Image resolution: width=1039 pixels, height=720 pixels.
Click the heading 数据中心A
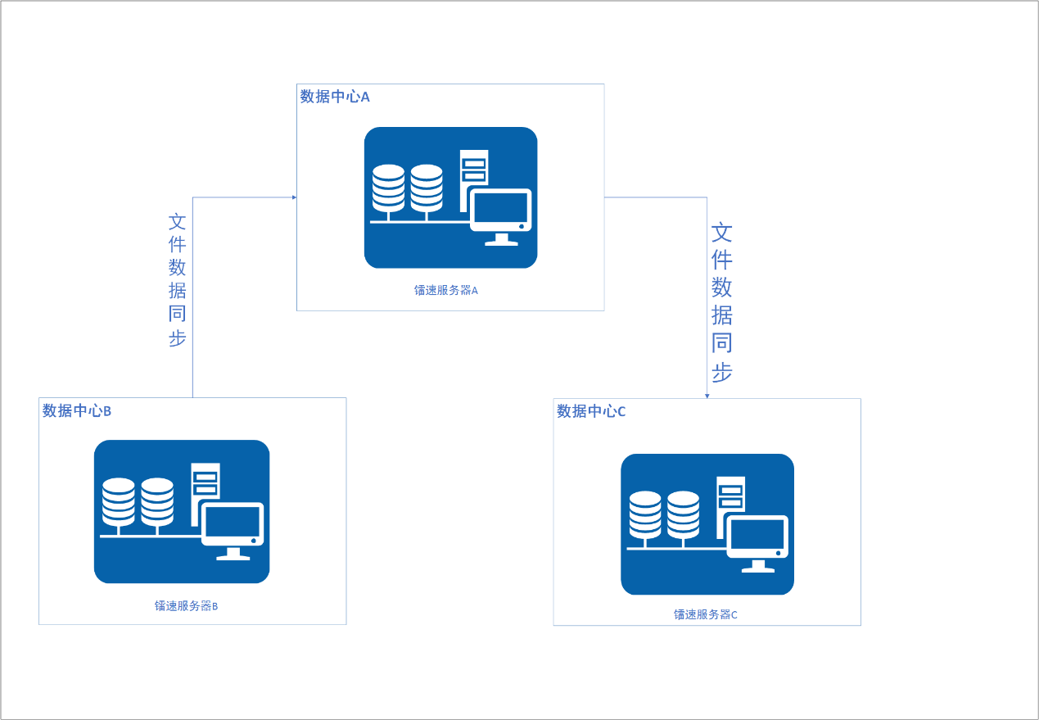pyautogui.click(x=335, y=97)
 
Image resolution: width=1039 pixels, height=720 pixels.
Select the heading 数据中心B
pyautogui.click(x=77, y=410)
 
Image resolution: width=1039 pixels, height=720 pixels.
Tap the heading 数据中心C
pyautogui.click(x=591, y=411)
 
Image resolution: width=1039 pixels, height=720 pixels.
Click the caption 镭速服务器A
pyautogui.click(x=445, y=290)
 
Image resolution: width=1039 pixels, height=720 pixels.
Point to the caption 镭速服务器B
pyautogui.click(x=186, y=606)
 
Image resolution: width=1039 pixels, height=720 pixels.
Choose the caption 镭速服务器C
pyautogui.click(x=705, y=614)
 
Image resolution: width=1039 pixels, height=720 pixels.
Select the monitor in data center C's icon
pyautogui.click(x=758, y=541)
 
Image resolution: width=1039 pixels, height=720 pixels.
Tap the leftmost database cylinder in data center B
pyautogui.click(x=119, y=502)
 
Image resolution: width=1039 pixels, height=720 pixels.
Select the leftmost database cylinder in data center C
pyautogui.click(x=645, y=515)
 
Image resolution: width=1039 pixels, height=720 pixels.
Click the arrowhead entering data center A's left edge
pyautogui.click(x=293, y=197)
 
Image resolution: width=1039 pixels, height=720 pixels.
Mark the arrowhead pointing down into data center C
pyautogui.click(x=707, y=396)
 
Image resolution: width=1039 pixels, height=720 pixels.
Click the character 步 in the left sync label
pyautogui.click(x=178, y=337)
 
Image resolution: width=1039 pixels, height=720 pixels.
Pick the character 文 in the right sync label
pyautogui.click(x=721, y=233)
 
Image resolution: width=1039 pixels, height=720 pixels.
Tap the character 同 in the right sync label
pyautogui.click(x=721, y=342)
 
